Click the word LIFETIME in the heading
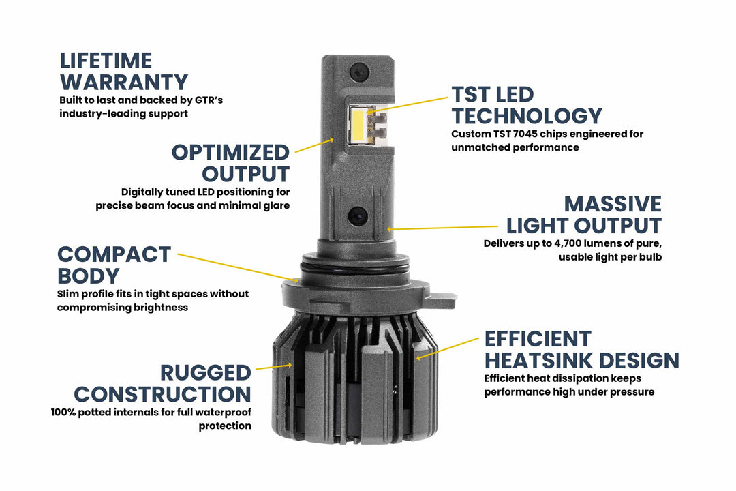[x=106, y=61]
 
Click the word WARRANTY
[x=123, y=83]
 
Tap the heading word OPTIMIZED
[x=230, y=152]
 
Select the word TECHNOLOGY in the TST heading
[x=527, y=116]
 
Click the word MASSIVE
[x=613, y=205]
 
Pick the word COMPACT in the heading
[x=114, y=254]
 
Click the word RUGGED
[x=206, y=373]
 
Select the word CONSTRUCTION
[x=163, y=394]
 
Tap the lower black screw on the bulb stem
[x=357, y=216]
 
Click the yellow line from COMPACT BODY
[x=239, y=267]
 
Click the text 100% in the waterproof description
[x=64, y=413]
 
